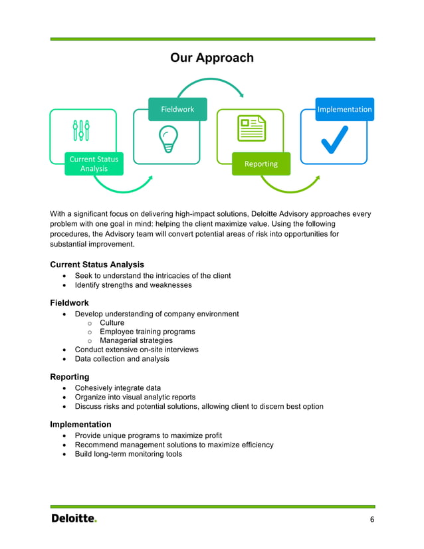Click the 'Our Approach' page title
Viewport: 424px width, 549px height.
[x=211, y=58]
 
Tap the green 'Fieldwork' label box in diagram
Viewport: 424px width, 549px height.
[x=177, y=109]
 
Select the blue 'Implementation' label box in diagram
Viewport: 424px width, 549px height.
[x=344, y=109]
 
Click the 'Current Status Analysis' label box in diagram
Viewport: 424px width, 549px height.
[x=94, y=164]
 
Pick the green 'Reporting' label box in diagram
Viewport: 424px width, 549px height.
[x=261, y=164]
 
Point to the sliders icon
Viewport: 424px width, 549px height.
[x=82, y=130]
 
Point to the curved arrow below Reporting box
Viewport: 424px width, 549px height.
[x=292, y=187]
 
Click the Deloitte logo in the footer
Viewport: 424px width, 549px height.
[x=74, y=518]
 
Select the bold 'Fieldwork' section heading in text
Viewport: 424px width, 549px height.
[x=69, y=302]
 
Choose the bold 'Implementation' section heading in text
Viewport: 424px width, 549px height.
[x=80, y=424]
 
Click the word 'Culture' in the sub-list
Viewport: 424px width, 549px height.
[x=112, y=323]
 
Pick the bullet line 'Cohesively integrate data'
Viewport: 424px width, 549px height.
[x=118, y=387]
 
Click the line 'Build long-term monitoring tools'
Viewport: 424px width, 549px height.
[x=128, y=454]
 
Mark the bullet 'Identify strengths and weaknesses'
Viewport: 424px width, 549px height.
[x=133, y=285]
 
